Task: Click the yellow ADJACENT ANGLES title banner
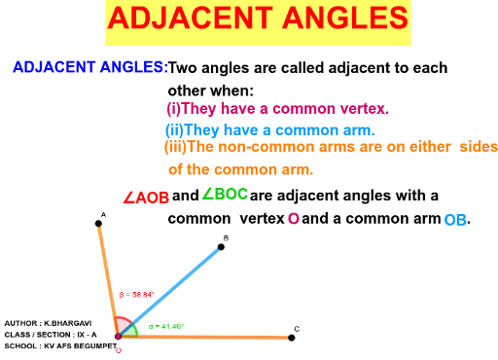(257, 22)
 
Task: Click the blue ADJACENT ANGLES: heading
(89, 69)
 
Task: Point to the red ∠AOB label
(146, 198)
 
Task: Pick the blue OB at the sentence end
(455, 221)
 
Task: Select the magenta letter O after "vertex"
(293, 220)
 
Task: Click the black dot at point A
(98, 224)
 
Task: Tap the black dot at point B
(222, 247)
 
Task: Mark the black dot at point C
(292, 338)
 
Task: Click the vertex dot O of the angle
(118, 337)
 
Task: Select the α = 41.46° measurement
(166, 326)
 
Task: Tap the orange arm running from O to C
(214, 338)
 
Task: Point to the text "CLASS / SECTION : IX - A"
(45, 333)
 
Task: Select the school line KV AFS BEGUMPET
(48, 345)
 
